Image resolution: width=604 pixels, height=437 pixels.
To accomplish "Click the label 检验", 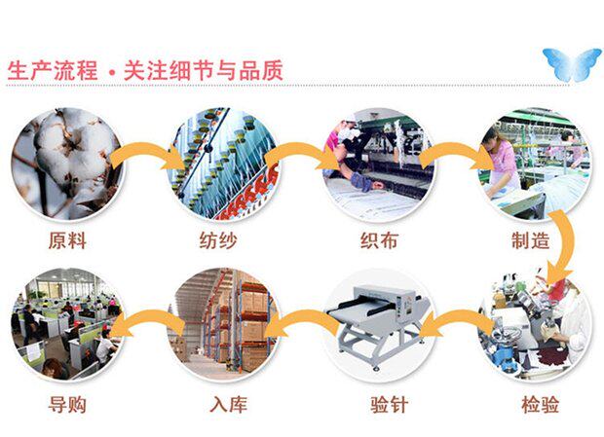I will pyautogui.click(x=540, y=403).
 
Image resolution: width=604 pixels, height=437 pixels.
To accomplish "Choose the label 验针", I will pyautogui.click(x=381, y=403).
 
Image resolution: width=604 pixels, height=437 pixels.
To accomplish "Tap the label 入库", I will pyautogui.click(x=227, y=403).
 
